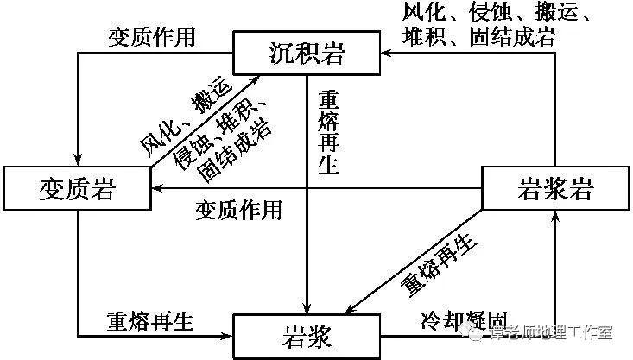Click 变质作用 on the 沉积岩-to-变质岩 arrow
(152, 37)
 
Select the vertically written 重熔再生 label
(328, 129)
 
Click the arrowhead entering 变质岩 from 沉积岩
(78, 161)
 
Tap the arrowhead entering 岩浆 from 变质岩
(231, 335)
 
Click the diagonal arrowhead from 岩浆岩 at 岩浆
(351, 308)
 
